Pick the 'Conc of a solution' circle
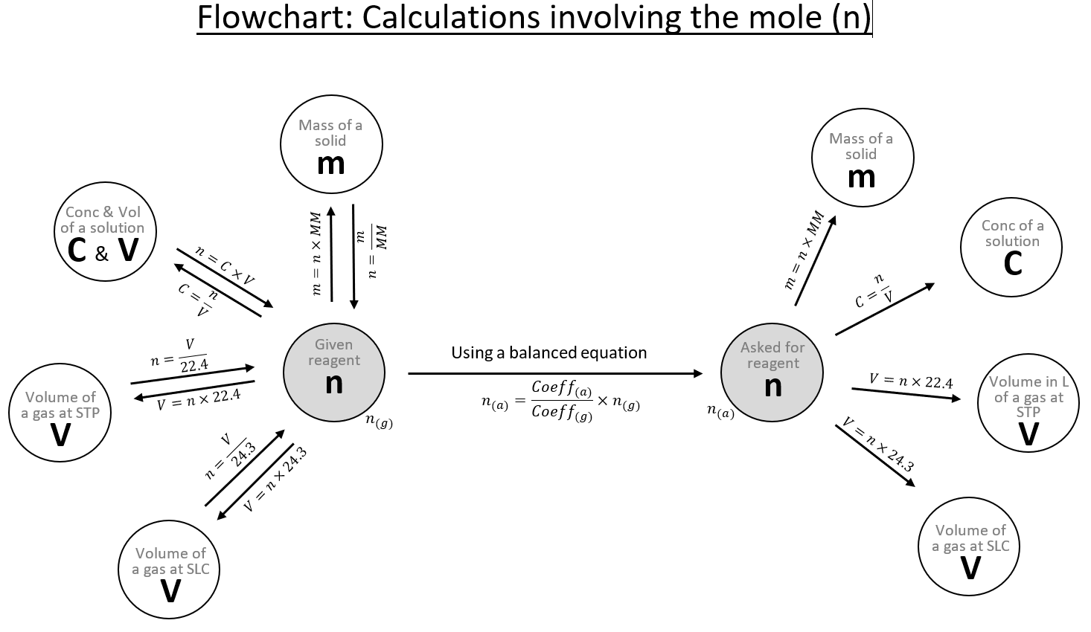1011,248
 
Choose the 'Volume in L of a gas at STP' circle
1028,404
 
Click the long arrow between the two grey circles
554,374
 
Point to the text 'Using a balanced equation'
548,352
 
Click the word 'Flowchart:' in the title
275,18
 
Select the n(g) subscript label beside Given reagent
379,422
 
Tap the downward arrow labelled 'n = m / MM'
353,257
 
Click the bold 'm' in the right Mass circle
861,177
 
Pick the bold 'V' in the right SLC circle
970,569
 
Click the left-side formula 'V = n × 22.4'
199,400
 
